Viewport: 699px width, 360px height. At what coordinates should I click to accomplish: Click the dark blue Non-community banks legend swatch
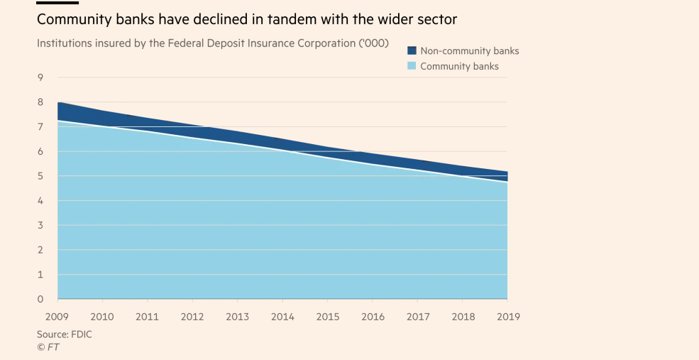412,51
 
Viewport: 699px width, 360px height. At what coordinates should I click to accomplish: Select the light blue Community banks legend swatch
412,66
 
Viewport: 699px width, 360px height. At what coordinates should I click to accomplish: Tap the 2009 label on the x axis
57,316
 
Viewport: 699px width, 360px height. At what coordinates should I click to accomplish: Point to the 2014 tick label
282,316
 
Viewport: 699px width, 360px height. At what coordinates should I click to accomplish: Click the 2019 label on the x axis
507,316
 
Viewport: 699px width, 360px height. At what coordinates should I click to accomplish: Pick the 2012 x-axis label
192,316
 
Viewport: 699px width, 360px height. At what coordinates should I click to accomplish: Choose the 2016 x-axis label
373,316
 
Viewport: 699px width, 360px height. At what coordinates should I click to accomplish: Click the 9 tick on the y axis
40,77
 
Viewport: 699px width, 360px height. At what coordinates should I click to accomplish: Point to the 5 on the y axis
40,176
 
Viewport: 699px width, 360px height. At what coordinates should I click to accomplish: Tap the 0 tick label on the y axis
40,299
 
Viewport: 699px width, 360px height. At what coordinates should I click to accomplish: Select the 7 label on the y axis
40,127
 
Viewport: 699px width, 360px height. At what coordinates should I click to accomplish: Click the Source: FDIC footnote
65,334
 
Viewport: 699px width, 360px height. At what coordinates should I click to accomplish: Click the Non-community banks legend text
470,51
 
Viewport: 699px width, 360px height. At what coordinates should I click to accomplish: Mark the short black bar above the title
57,2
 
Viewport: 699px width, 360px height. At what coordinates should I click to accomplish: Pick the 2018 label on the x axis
463,316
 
